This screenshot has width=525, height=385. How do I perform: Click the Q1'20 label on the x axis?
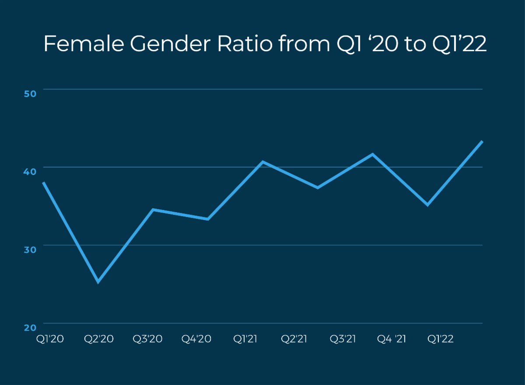49,339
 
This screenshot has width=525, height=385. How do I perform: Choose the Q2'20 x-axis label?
99,339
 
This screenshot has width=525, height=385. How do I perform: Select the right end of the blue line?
482,141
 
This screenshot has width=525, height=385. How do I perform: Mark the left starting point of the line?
43,182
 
